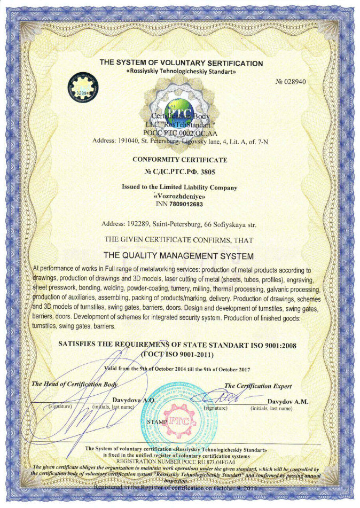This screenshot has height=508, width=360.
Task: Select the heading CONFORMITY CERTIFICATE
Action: (179, 160)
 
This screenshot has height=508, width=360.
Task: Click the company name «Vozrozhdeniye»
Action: (179, 196)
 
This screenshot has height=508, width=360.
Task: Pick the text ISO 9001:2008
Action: (271, 346)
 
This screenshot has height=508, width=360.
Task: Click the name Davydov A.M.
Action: (286, 401)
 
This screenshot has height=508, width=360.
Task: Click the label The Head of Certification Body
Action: (75, 384)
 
